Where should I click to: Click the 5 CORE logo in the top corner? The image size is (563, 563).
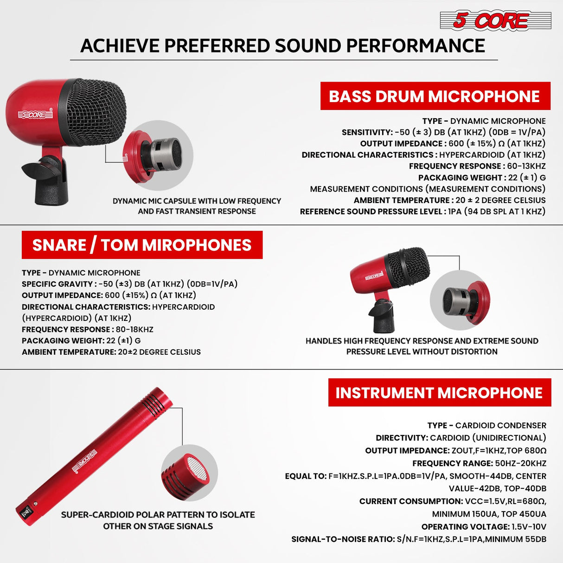point(495,21)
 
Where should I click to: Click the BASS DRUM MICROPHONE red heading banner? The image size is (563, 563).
point(435,96)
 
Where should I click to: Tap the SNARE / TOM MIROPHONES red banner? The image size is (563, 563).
point(142,245)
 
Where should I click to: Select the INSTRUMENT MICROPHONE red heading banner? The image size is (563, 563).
point(439,393)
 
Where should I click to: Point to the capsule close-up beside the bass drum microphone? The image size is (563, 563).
point(158,155)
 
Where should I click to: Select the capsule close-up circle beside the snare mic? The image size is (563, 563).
point(460,301)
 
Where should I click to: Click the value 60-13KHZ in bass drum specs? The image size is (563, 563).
point(525,166)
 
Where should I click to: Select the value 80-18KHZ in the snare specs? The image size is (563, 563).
point(134,329)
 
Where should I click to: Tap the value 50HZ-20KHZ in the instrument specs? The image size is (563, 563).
point(521,463)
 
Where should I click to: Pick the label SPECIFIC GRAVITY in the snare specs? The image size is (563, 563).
point(58,284)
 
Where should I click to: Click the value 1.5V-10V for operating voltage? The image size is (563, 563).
point(529,527)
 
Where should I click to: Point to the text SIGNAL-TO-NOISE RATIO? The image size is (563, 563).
point(343,539)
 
